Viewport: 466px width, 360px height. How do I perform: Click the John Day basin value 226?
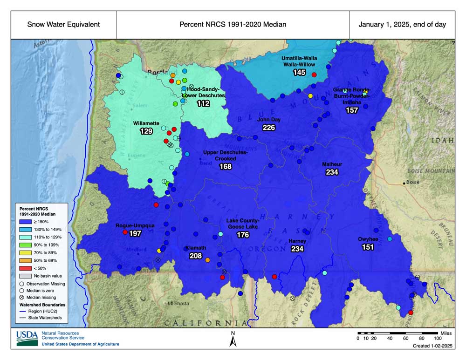click(x=269, y=128)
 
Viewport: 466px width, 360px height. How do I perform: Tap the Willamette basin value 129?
click(x=146, y=132)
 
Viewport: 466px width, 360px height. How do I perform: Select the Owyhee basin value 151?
click(x=368, y=247)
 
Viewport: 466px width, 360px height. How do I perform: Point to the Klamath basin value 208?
click(x=196, y=256)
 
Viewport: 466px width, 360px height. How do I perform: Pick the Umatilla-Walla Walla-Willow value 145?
click(x=299, y=73)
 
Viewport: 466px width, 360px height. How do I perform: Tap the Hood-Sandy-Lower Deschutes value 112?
click(x=203, y=104)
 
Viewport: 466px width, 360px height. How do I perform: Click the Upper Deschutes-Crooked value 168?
click(x=226, y=166)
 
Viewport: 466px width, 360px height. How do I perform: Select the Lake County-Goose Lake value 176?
click(x=243, y=235)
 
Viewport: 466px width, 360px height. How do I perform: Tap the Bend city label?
click(x=206, y=163)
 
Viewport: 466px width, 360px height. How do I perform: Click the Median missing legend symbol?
click(x=21, y=297)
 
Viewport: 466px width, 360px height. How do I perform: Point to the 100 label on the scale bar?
click(x=438, y=339)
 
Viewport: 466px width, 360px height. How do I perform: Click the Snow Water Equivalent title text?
click(x=63, y=25)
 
